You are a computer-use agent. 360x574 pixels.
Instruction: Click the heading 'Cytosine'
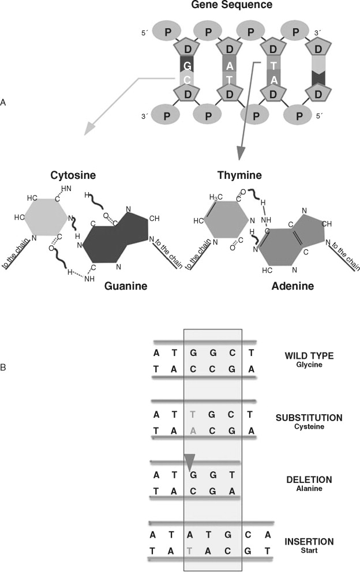[56, 175]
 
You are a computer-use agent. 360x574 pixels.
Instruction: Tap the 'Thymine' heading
[239, 175]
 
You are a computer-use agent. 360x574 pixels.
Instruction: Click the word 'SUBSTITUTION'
[310, 417]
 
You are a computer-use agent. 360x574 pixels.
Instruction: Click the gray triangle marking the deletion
[190, 462]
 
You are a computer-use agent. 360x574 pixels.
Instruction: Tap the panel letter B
[4, 366]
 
